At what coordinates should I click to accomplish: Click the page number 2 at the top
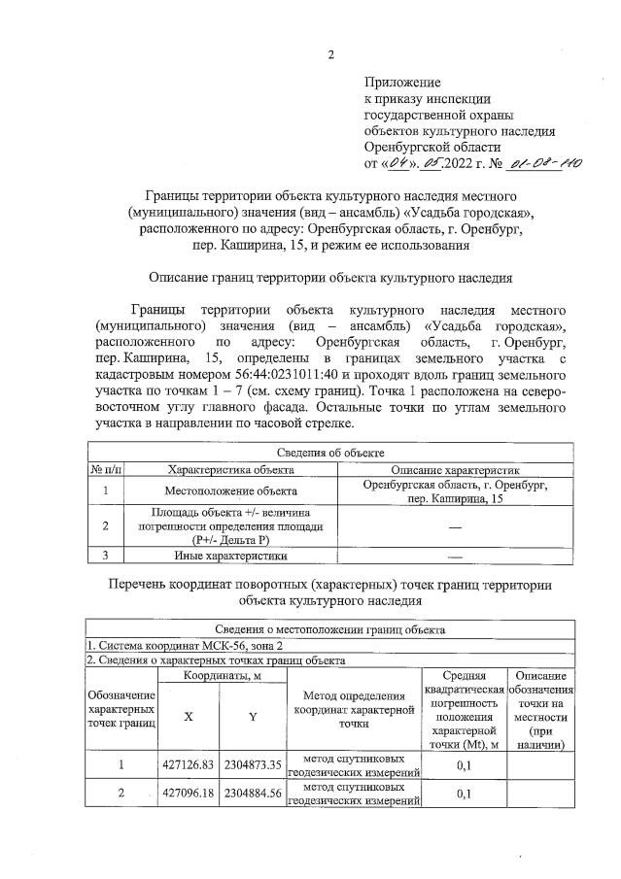tap(330, 54)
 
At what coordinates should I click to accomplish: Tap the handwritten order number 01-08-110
tap(545, 163)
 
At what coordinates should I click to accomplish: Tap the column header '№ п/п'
tap(105, 469)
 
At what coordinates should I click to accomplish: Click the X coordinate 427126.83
tap(189, 764)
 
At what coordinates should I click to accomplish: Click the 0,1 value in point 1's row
tap(463, 764)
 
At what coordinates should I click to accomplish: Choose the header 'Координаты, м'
tap(221, 674)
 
